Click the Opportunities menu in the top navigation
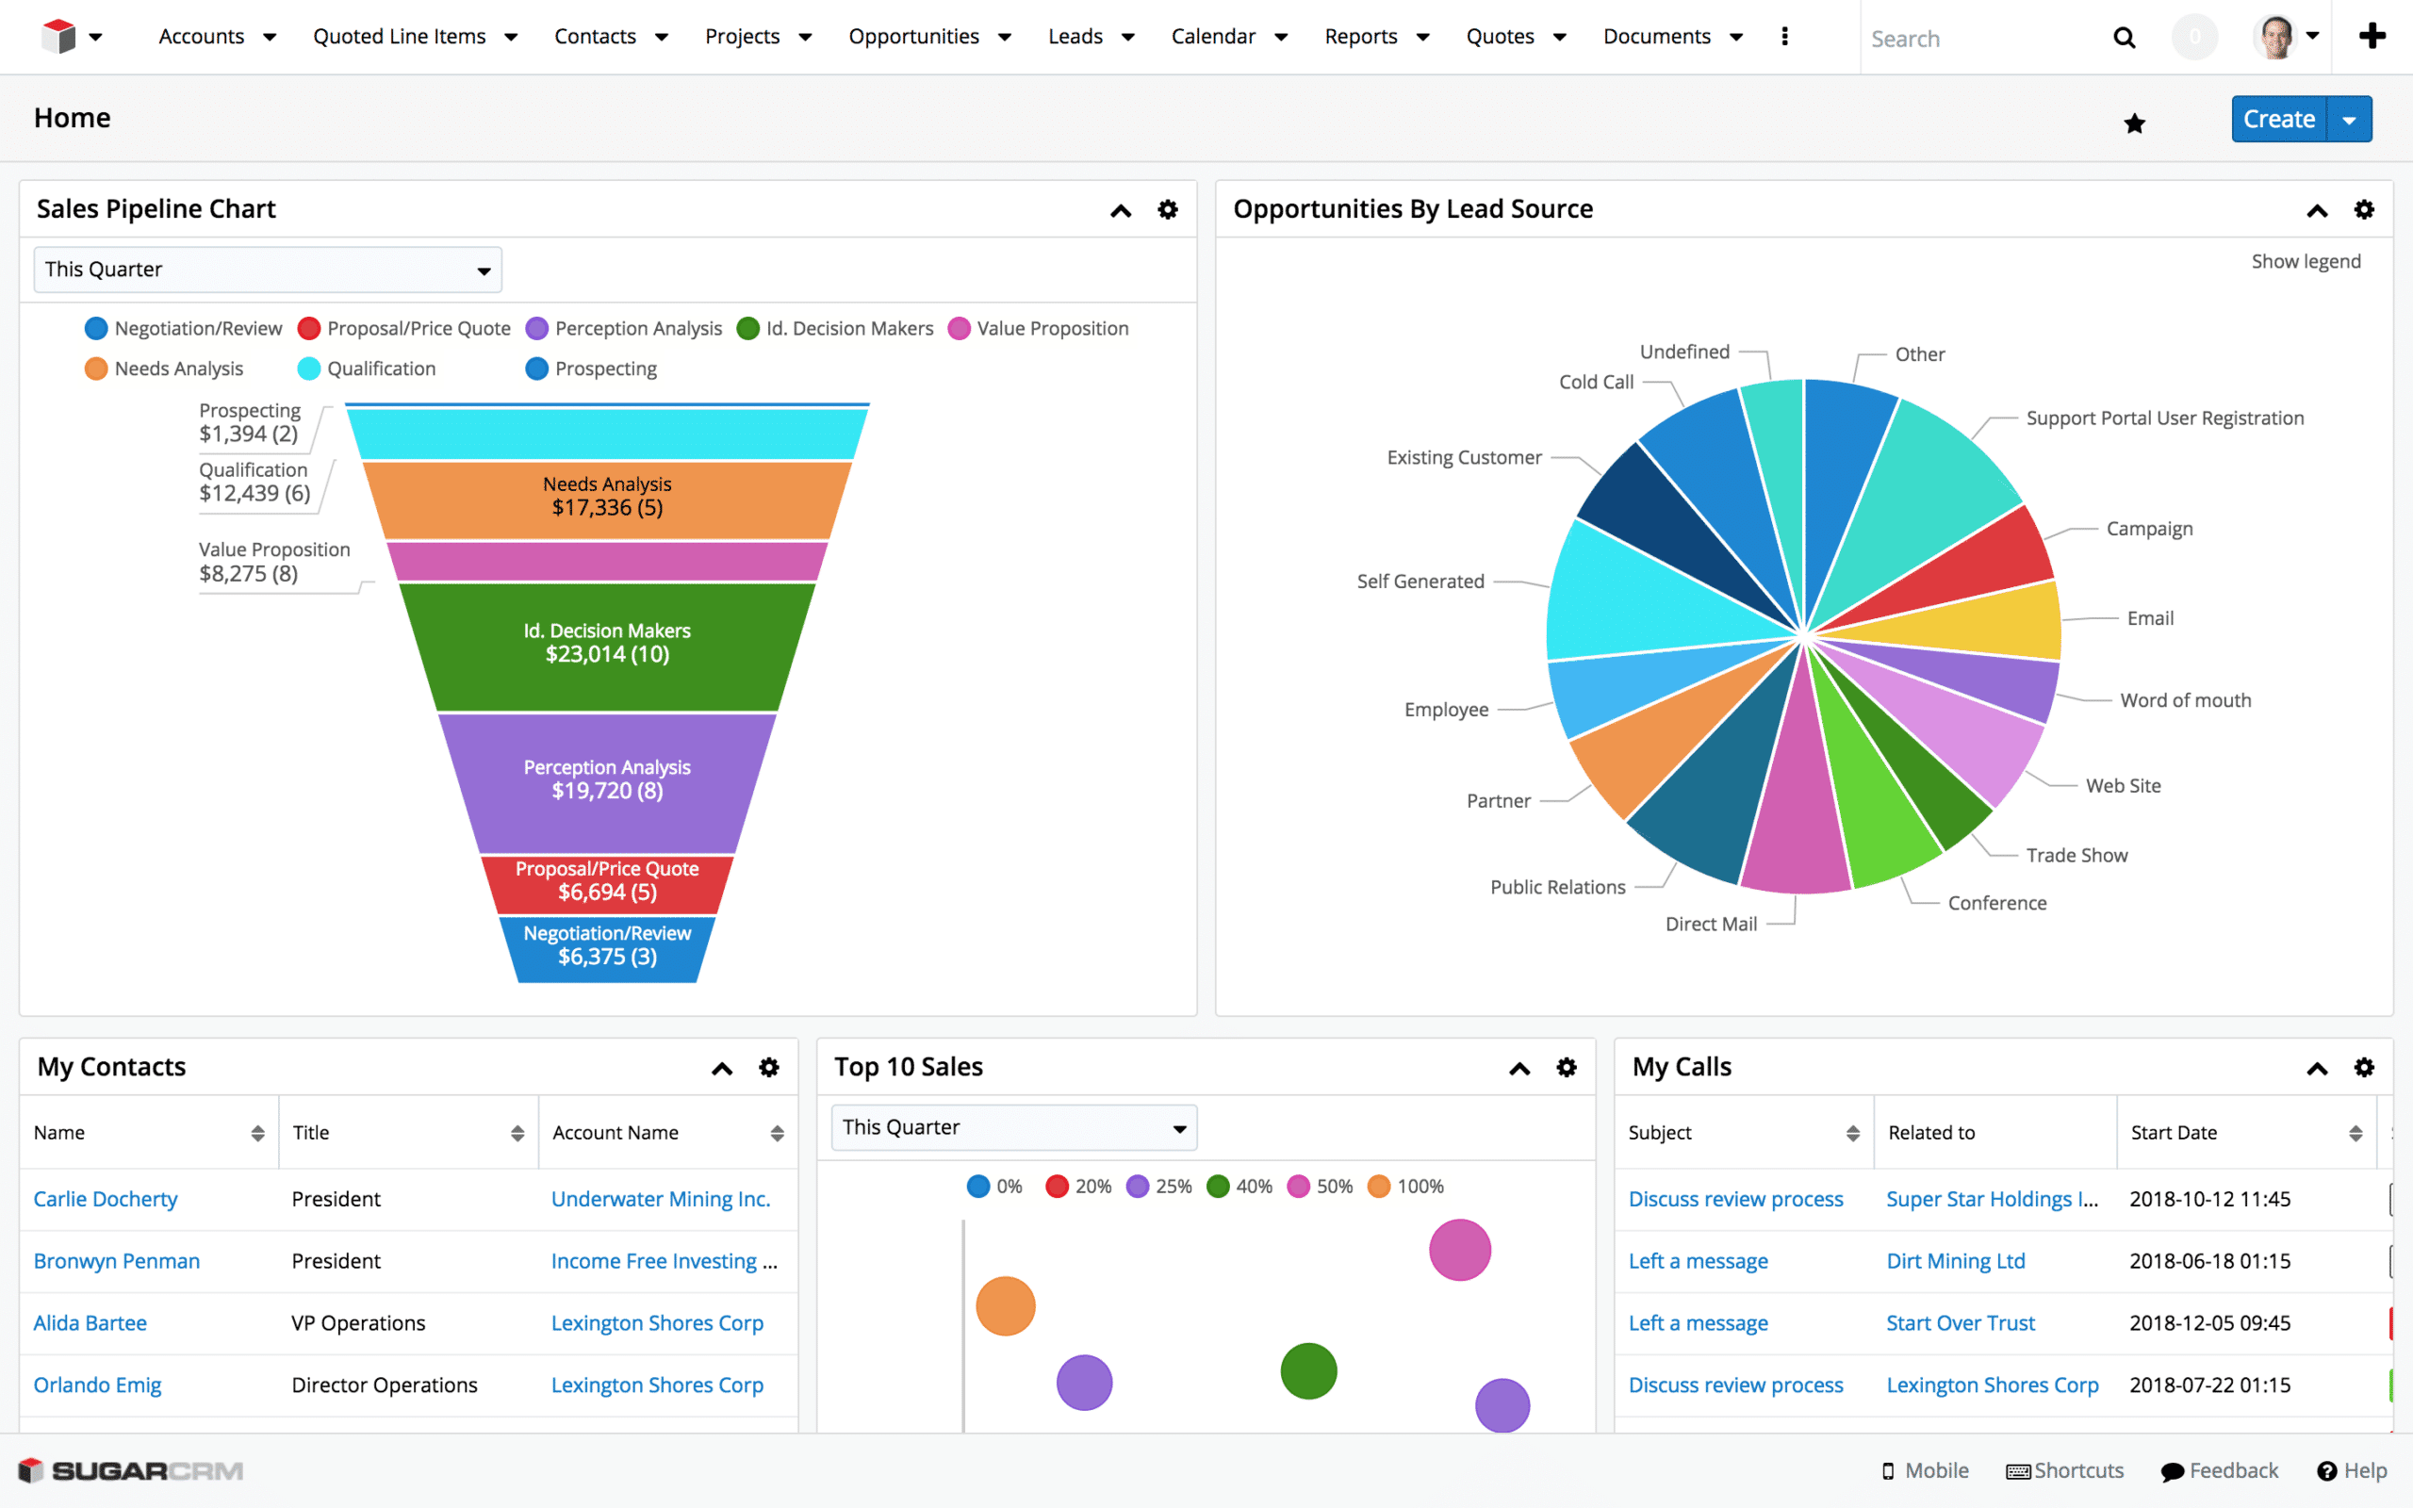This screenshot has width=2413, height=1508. pos(913,37)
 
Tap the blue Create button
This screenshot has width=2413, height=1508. pos(2277,120)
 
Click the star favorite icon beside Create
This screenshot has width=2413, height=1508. pos(2134,123)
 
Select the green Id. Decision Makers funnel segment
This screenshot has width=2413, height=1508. pos(606,645)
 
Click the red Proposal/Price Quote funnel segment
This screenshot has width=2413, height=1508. pos(606,881)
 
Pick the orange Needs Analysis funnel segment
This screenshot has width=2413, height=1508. pos(606,498)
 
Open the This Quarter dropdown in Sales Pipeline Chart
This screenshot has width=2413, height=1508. pos(268,270)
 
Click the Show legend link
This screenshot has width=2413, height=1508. pos(2305,261)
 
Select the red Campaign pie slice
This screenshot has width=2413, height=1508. pos(1984,564)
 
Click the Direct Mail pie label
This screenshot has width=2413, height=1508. pos(1710,925)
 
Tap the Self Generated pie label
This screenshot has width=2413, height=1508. pos(1420,582)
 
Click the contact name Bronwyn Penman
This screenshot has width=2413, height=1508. pos(117,1262)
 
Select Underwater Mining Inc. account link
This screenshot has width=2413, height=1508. pos(660,1200)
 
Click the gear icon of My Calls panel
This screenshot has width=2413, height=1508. pos(2363,1068)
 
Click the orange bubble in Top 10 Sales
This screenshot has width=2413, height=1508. pos(1005,1306)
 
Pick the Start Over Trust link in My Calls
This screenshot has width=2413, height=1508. pos(1960,1323)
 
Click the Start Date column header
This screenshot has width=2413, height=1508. pos(2174,1133)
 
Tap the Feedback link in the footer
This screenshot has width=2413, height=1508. pos(2233,1471)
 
